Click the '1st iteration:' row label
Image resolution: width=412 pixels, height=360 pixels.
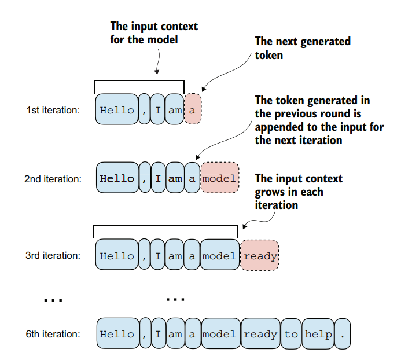(53, 110)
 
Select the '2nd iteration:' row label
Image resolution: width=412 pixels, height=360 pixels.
(53, 179)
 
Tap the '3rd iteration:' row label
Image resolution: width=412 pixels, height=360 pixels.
(53, 255)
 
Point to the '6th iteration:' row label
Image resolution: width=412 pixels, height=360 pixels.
(53, 334)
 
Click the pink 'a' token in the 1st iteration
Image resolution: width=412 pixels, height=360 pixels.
(193, 109)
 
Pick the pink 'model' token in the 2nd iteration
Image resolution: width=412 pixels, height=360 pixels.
(219, 178)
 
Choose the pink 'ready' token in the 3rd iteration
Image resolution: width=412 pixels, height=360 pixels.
(260, 255)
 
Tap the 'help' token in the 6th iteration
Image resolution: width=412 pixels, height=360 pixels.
(318, 334)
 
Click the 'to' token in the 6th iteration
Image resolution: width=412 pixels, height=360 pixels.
(291, 334)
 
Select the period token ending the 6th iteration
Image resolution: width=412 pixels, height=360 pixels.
(343, 334)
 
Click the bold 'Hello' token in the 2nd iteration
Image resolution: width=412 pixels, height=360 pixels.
(117, 178)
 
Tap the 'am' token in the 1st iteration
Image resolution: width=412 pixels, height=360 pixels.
(174, 109)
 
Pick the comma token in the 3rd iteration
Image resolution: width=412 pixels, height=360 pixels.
(144, 255)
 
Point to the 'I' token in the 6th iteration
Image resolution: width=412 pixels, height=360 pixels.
(158, 334)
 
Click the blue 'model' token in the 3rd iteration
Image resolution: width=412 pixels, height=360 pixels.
(219, 255)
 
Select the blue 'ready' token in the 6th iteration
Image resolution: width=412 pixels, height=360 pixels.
(260, 334)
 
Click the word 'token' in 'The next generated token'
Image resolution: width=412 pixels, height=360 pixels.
(269, 56)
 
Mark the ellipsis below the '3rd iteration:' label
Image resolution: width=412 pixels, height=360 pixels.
(53, 300)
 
